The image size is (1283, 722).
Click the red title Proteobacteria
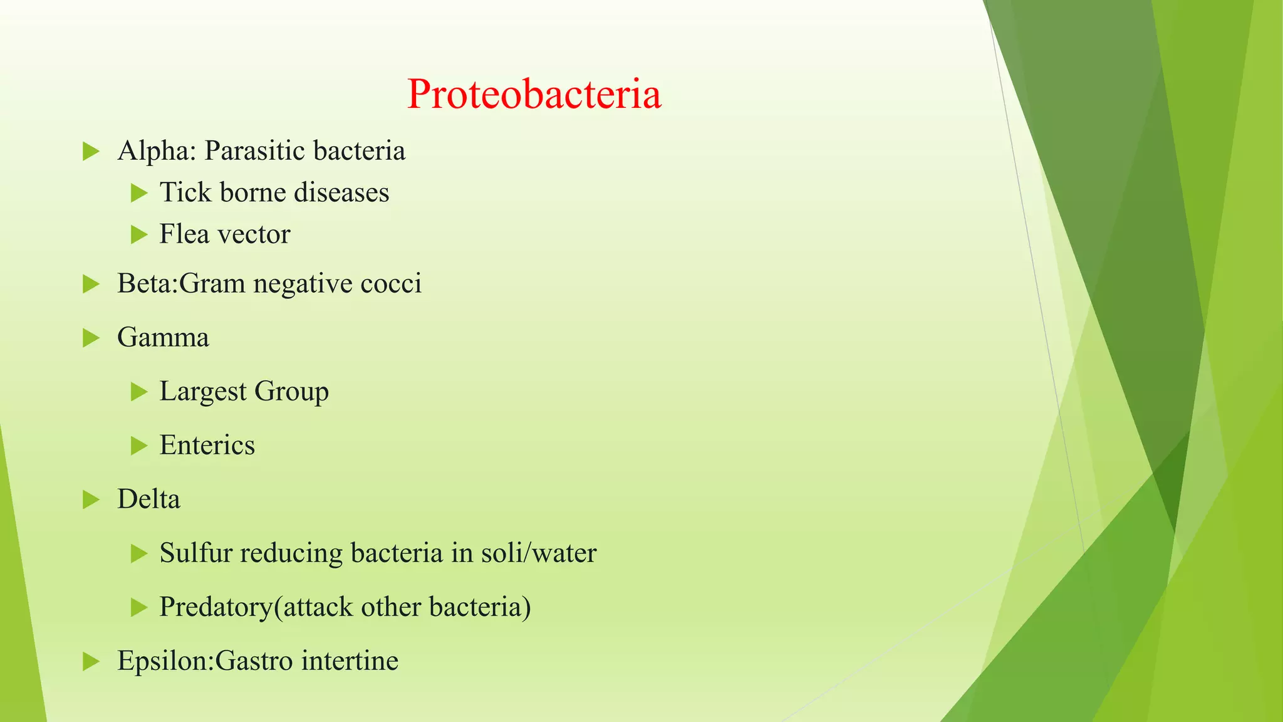click(x=534, y=94)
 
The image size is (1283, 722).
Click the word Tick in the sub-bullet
click(x=185, y=192)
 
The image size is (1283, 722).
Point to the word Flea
click(x=184, y=234)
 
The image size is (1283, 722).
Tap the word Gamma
click(x=163, y=338)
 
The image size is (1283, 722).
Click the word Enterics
click(x=207, y=446)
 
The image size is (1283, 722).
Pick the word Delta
click(x=148, y=500)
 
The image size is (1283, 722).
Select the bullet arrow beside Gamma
click(x=91, y=338)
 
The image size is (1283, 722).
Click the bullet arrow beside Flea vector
click(x=138, y=235)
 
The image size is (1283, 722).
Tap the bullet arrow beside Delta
click(x=91, y=500)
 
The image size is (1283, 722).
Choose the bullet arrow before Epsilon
click(x=91, y=661)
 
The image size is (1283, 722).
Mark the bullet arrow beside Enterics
click(x=138, y=446)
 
